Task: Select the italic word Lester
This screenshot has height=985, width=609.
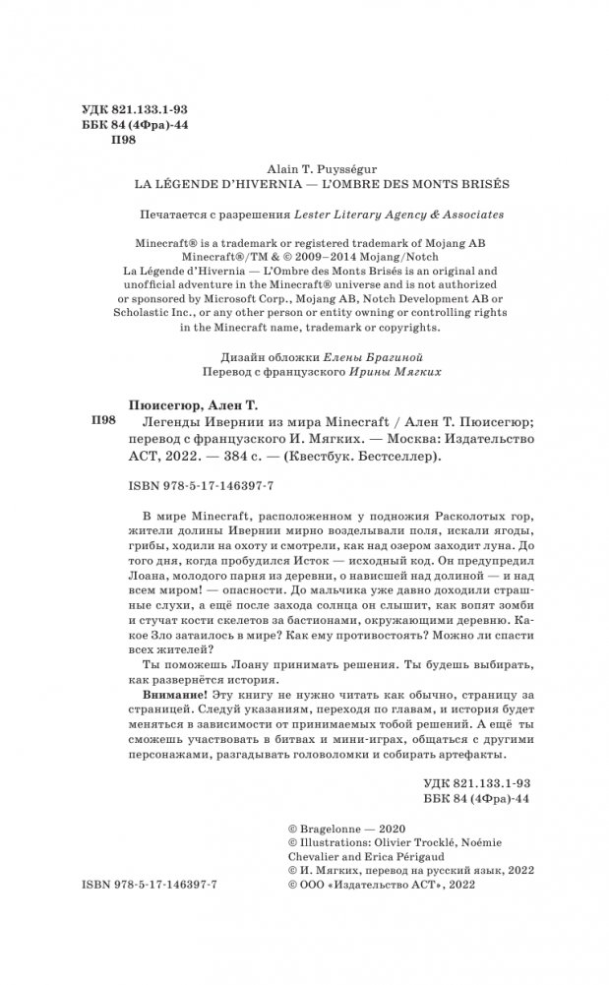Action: [x=304, y=214]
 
